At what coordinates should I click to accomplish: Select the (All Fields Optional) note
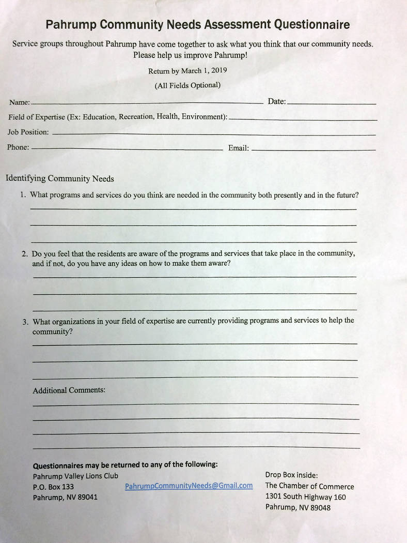187,85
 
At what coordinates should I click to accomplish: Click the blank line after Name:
147,102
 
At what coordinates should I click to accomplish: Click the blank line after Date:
332,103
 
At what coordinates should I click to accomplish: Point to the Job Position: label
28,132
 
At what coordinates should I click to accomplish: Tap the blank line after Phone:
127,148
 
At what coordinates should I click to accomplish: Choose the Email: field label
239,148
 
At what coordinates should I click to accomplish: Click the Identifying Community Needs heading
59,178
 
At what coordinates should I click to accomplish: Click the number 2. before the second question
25,254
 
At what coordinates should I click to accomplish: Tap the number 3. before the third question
25,322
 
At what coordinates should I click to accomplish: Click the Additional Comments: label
69,390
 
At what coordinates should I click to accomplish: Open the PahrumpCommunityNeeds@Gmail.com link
189,486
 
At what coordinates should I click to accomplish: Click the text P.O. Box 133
53,487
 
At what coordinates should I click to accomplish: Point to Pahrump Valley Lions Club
75,476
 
